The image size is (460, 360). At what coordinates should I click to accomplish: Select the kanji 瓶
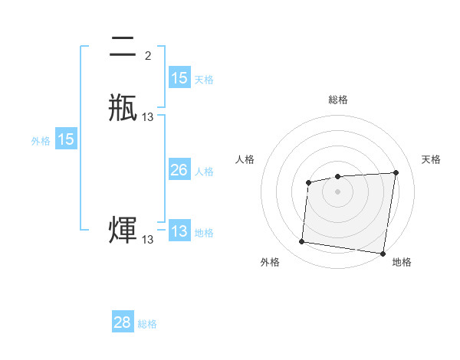[123, 107]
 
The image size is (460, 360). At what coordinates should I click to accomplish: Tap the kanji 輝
[123, 230]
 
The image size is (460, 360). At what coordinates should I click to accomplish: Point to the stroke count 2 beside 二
[147, 56]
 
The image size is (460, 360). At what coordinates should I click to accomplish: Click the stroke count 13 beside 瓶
[148, 117]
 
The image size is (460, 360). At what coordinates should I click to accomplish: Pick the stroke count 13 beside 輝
[148, 240]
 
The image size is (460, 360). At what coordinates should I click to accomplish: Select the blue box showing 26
[179, 171]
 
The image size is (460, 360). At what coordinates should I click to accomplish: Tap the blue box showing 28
[123, 323]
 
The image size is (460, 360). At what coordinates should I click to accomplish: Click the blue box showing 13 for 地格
[179, 232]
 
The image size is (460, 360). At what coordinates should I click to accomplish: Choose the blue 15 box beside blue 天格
[179, 78]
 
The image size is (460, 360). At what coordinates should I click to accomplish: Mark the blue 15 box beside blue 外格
[66, 139]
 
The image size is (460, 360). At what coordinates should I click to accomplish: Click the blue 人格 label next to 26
[204, 172]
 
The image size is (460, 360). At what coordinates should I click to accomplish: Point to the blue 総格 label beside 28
[147, 324]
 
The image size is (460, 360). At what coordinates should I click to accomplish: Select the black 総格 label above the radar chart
[337, 100]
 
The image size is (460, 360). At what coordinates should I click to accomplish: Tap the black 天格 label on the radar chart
[431, 159]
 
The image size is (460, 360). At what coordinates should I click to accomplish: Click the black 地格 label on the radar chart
[402, 262]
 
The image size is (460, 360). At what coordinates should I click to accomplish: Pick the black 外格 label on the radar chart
[270, 262]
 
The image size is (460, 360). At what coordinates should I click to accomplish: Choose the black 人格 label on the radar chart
[245, 159]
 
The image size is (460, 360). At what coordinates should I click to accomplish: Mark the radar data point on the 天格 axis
[396, 172]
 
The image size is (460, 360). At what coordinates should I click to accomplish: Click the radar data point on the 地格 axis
[383, 254]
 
